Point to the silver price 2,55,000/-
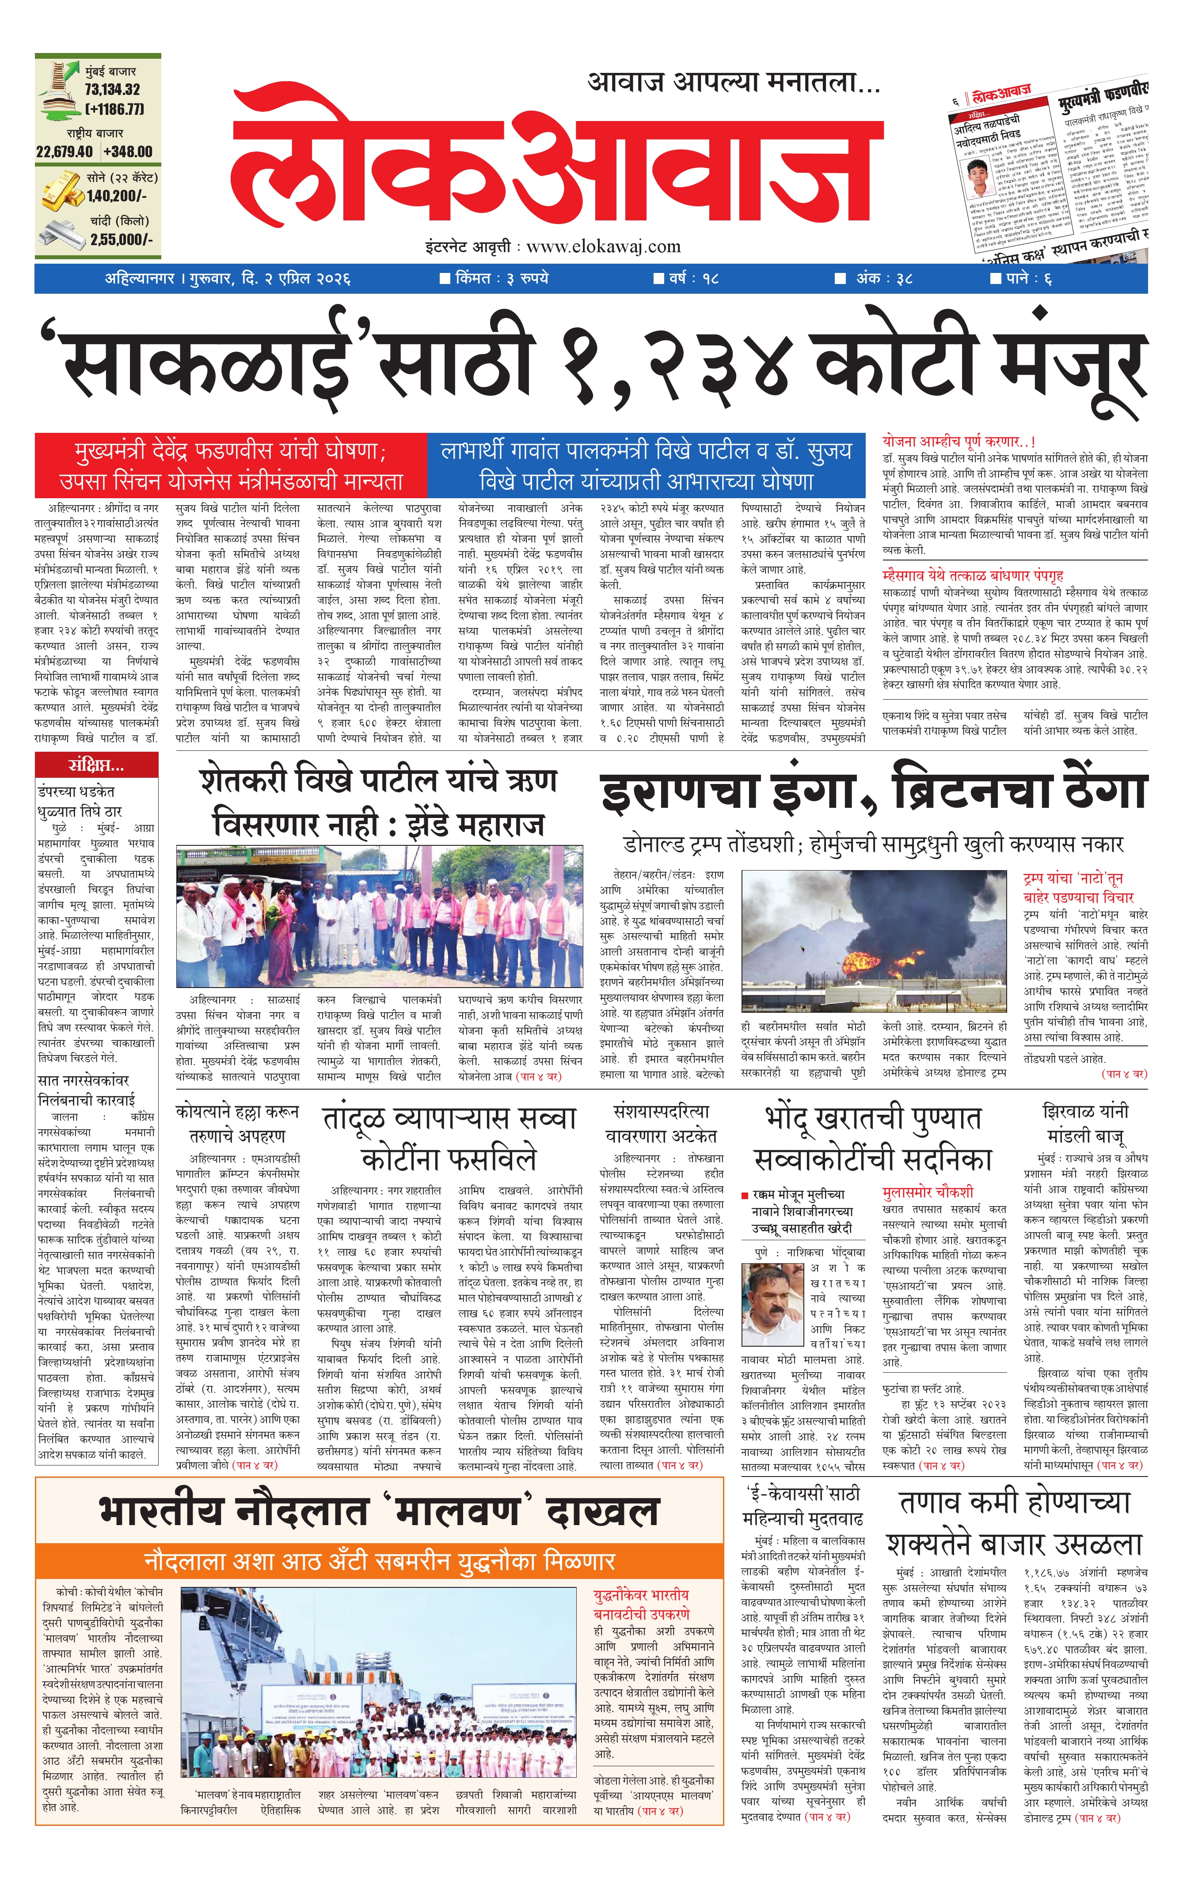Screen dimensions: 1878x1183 [x=121, y=239]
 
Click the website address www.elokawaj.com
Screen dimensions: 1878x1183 [x=603, y=247]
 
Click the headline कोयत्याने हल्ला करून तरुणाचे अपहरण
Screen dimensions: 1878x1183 [x=236, y=1124]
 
